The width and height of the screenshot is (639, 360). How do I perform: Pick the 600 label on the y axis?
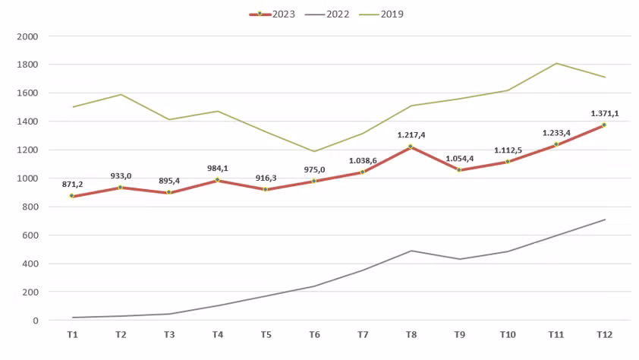pyautogui.click(x=30, y=235)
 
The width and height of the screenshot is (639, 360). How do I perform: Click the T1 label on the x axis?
pyautogui.click(x=72, y=334)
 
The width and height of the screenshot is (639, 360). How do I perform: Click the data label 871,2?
pyautogui.click(x=72, y=184)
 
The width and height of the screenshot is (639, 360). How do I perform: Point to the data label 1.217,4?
pyautogui.click(x=411, y=134)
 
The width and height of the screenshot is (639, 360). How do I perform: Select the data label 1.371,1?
pyautogui.click(x=604, y=113)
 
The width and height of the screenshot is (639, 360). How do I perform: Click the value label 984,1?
pyautogui.click(x=217, y=168)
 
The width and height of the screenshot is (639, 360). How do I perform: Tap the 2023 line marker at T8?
pyautogui.click(x=411, y=147)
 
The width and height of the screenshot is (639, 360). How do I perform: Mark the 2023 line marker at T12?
pyautogui.click(x=604, y=125)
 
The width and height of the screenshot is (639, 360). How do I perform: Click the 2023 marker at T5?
pyautogui.click(x=266, y=189)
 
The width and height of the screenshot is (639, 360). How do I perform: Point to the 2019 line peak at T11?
pyautogui.click(x=556, y=63)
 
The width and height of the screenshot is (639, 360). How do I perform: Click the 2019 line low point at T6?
pyautogui.click(x=313, y=151)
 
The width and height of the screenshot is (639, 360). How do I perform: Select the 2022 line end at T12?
pyautogui.click(x=604, y=219)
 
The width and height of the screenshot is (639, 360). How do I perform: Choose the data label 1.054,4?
pyautogui.click(x=459, y=158)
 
